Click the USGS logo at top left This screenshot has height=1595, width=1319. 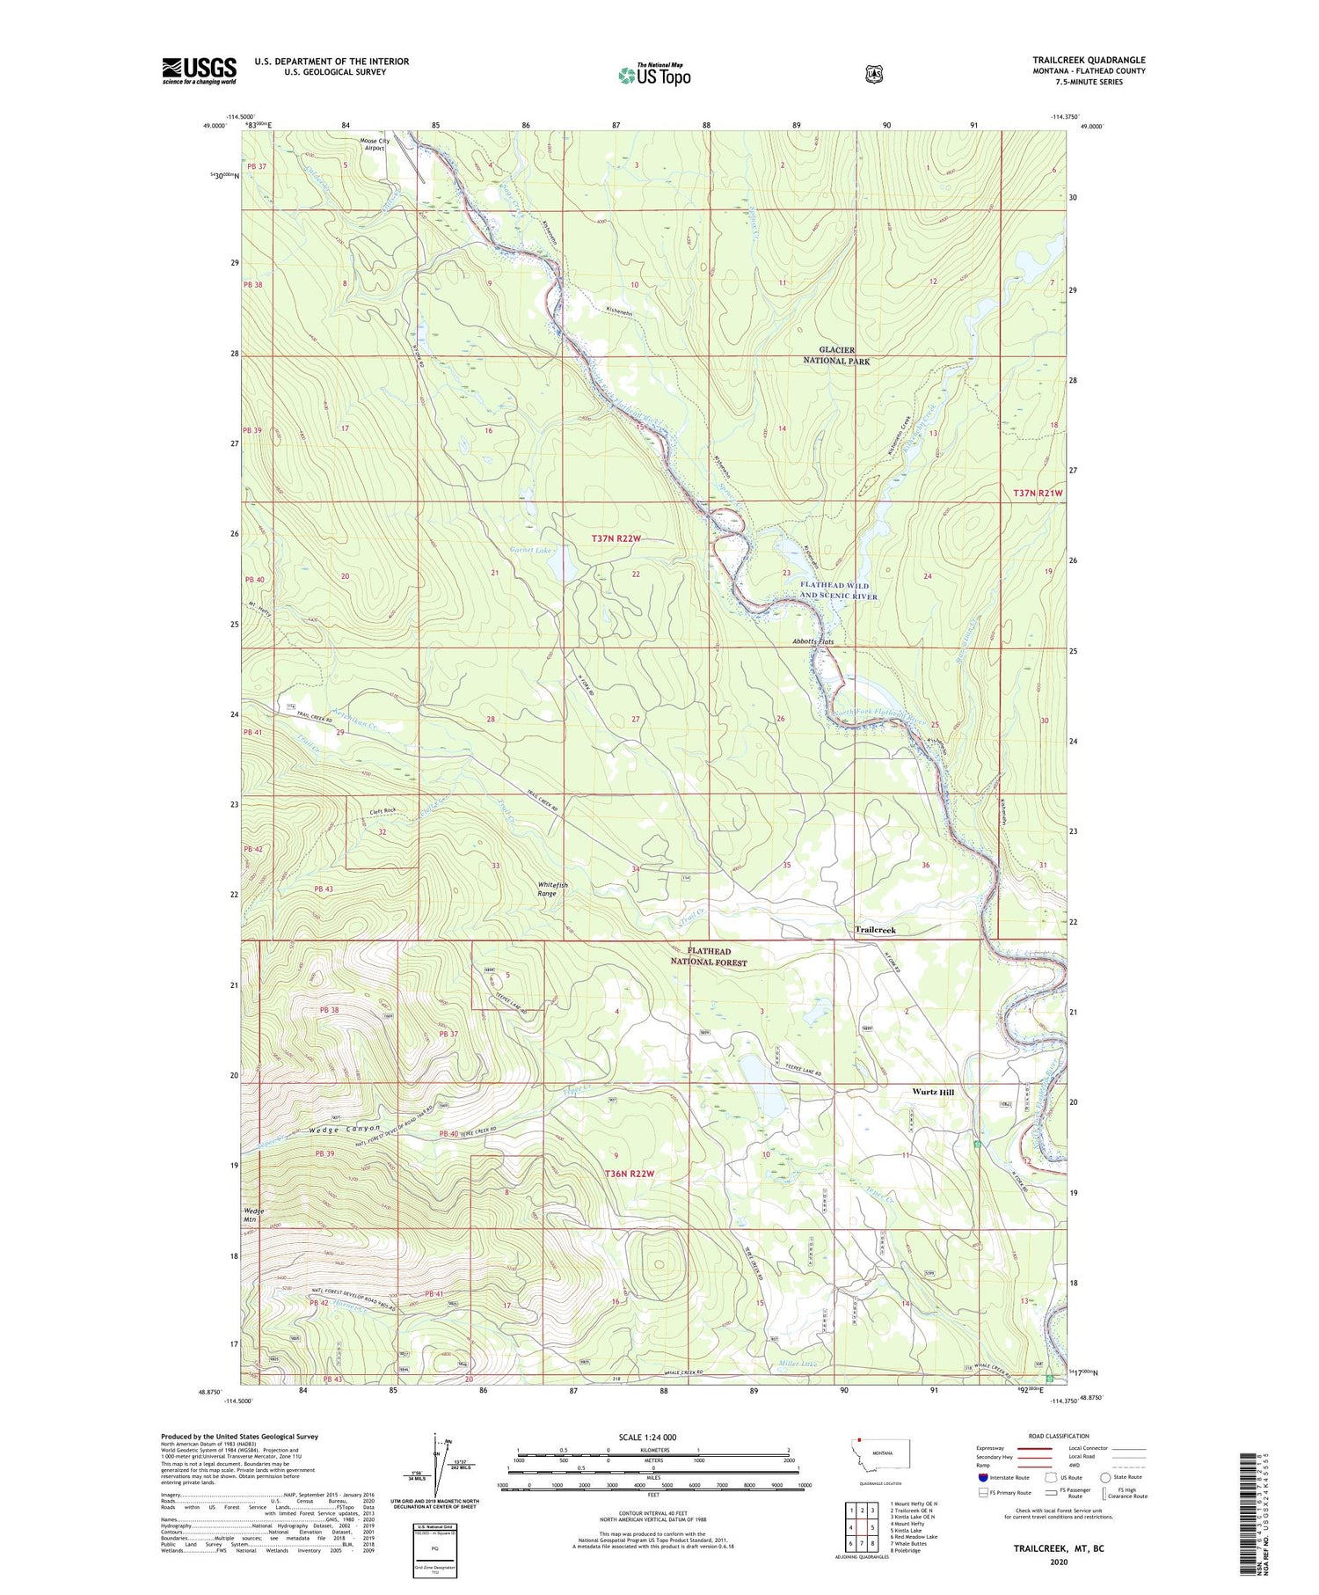click(x=199, y=70)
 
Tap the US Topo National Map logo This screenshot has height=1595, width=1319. click(x=654, y=75)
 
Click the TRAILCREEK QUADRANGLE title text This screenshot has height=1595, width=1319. click(x=1089, y=60)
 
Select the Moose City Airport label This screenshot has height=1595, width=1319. click(x=373, y=144)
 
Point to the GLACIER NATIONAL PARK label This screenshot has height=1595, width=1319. click(x=835, y=355)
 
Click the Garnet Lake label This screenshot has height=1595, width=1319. click(x=531, y=551)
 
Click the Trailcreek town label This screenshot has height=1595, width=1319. click(x=875, y=930)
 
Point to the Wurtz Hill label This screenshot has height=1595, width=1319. click(x=932, y=1092)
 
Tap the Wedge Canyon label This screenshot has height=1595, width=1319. click(x=344, y=1129)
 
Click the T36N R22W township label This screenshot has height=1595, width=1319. click(x=630, y=1174)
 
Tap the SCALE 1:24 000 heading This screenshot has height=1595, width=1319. click(x=653, y=1438)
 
